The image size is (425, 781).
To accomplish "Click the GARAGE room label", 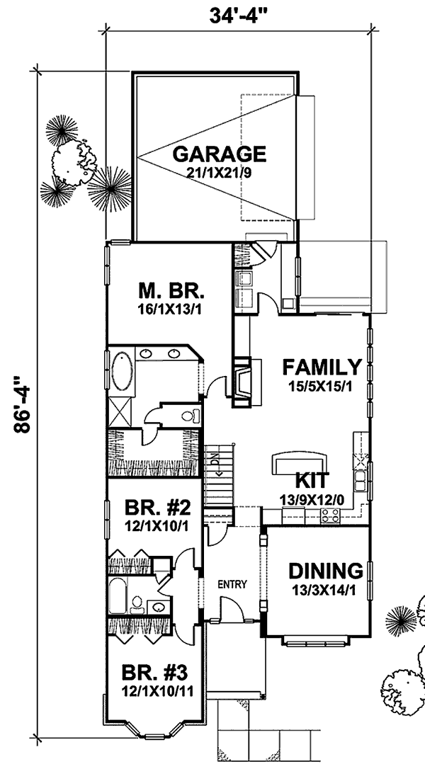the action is coord(219,154).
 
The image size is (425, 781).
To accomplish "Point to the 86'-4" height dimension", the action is coord(23,404).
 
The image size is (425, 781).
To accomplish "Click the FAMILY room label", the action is coord(322,367).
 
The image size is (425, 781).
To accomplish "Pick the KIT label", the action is coord(312,481).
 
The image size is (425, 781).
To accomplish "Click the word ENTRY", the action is coord(232,584).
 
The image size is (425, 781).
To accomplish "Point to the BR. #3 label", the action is coord(155,674).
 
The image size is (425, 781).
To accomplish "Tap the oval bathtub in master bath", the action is coord(122,372).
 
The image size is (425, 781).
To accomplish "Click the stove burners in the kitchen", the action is coord(330,517).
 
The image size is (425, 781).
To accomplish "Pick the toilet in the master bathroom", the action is coord(191,416).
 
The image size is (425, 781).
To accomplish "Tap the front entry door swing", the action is coord(231,609).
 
